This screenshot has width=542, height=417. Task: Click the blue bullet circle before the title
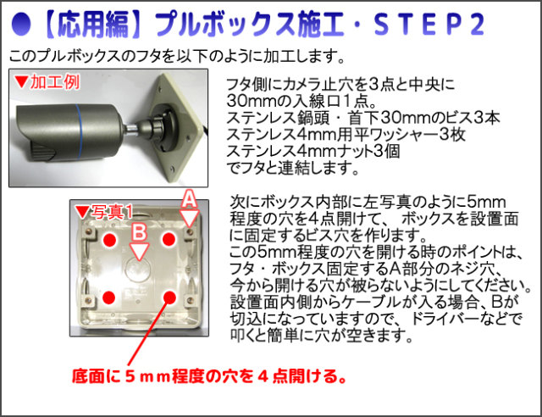(20, 24)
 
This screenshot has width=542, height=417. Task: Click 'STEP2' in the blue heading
(429, 24)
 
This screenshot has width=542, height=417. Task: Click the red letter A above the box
(189, 198)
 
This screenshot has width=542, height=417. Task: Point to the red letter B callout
(140, 232)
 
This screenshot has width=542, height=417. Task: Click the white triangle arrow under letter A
(190, 218)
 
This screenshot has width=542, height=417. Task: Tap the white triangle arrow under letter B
(140, 251)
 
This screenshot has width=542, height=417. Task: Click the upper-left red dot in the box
(110, 240)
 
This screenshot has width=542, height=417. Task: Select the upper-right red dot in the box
(169, 239)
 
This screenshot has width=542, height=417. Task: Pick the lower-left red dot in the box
(109, 297)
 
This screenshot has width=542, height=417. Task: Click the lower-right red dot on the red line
(169, 297)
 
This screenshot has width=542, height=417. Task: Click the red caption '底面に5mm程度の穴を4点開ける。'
(209, 376)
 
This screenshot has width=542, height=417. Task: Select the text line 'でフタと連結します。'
(292, 168)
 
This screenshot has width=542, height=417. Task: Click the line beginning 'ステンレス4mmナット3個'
(312, 151)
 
